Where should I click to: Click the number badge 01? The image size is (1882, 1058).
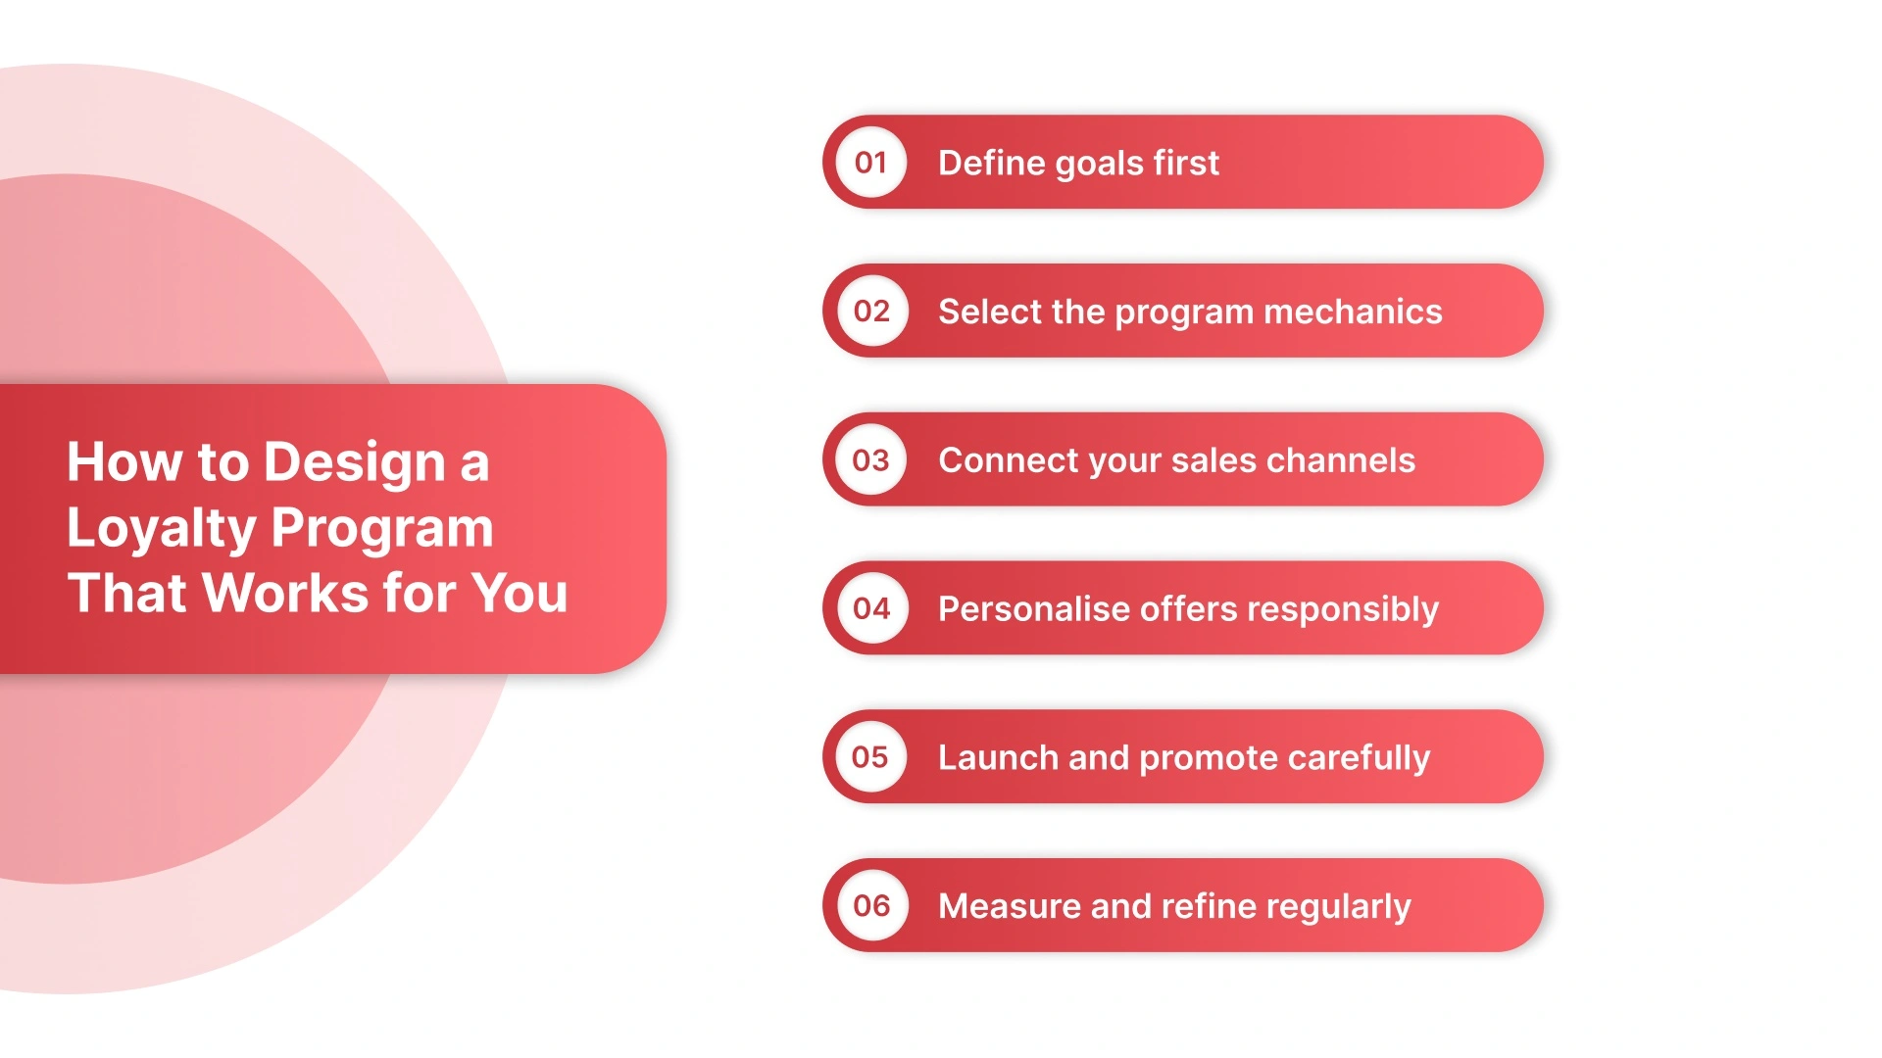pos(871,163)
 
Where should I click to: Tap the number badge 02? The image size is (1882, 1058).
pos(871,312)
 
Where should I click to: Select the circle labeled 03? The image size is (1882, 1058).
pos(871,460)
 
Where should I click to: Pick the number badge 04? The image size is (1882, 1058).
pos(871,608)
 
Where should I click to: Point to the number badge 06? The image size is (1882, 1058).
pos(871,906)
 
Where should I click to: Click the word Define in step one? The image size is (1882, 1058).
pos(991,163)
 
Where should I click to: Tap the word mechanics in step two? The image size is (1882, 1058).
pos(1353,312)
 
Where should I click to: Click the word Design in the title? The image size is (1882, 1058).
pos(355,463)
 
